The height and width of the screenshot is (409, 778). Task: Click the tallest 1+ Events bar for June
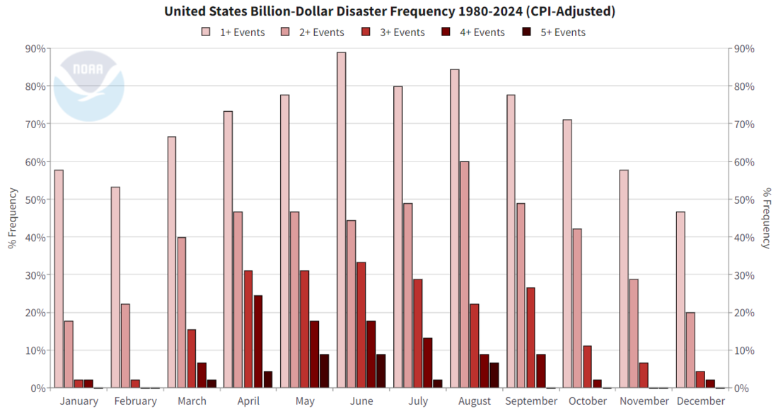pos(342,220)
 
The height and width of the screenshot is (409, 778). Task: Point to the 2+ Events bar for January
pos(69,354)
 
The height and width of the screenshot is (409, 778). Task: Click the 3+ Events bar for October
pos(587,367)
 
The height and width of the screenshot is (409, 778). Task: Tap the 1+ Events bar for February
pos(115,287)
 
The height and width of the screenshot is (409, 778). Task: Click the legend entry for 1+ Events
pos(233,32)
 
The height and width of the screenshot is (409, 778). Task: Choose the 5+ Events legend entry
pos(553,32)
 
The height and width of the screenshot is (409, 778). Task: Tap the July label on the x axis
pos(418,401)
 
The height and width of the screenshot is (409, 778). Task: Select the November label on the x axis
pos(644,401)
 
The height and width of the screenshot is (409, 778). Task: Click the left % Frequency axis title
pos(12,218)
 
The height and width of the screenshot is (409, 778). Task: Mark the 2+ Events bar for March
pos(182,312)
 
